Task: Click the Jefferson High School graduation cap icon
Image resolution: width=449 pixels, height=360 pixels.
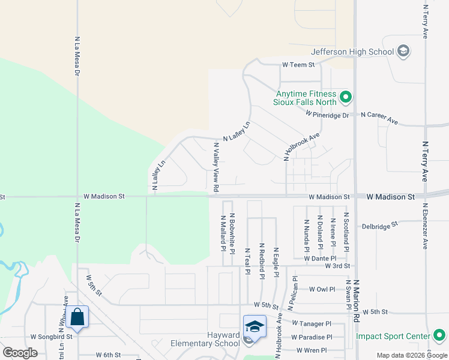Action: click(x=403, y=52)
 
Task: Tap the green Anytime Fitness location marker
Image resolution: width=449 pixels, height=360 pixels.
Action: click(x=345, y=97)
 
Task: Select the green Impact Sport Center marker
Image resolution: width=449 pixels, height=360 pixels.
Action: click(x=439, y=335)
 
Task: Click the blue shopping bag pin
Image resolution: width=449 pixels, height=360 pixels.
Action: click(x=77, y=317)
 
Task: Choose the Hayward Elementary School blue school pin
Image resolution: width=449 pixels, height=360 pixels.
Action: click(x=255, y=327)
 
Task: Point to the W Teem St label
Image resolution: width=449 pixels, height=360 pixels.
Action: click(x=299, y=65)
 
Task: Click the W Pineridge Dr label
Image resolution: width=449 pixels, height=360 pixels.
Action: click(x=327, y=114)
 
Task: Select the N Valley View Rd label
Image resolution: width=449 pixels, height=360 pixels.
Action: click(x=216, y=167)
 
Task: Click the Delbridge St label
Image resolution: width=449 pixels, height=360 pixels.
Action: click(x=380, y=226)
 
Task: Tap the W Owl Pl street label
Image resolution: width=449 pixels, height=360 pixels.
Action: click(x=322, y=289)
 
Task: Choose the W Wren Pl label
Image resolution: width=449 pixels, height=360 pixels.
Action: click(x=312, y=350)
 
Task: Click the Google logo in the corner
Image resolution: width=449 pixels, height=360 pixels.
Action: click(x=20, y=352)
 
